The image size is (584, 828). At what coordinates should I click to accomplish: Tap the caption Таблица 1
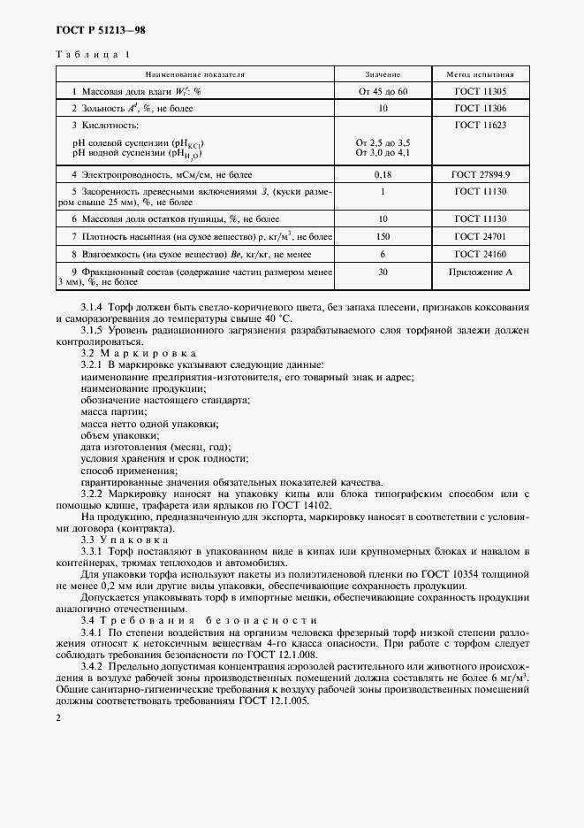point(93,55)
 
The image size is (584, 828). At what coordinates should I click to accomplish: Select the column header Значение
point(383,74)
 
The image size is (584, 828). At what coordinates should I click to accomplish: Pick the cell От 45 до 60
point(383,91)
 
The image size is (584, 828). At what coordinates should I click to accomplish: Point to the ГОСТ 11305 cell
point(481,91)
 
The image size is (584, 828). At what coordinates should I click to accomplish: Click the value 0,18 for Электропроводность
point(383,175)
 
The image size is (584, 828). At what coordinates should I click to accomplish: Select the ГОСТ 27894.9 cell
point(481,175)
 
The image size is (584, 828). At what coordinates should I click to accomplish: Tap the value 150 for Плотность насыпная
point(383,236)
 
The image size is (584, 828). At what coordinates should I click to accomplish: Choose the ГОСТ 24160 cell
point(481,253)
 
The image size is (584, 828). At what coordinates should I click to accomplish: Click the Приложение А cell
point(481,272)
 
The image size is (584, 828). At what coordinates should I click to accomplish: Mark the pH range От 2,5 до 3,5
point(383,142)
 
